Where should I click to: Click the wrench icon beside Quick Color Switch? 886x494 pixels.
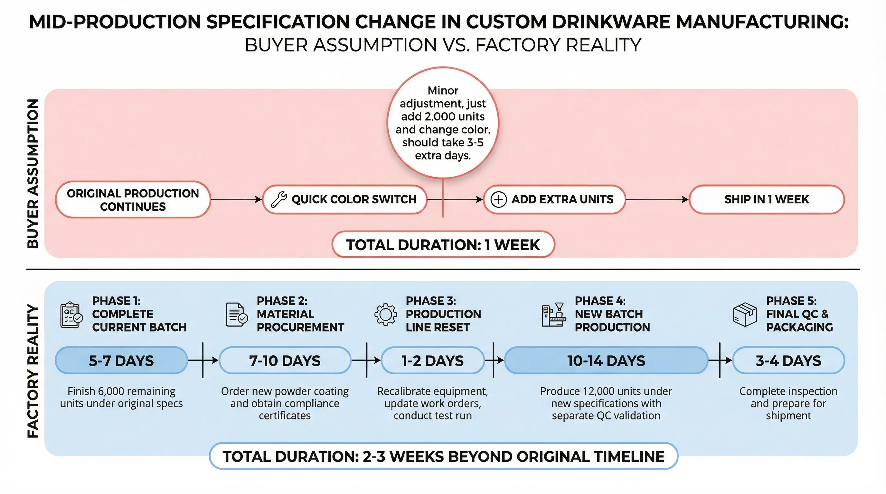278,200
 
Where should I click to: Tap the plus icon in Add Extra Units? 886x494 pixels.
498,200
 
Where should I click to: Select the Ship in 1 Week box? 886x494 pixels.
767,200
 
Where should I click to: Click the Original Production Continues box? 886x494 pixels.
133,200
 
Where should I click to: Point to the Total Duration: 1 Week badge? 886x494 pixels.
443,245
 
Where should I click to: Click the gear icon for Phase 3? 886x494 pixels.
386,314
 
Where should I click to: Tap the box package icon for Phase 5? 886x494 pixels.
745,314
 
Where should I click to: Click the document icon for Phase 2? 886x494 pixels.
237,314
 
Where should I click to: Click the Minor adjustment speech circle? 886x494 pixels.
443,123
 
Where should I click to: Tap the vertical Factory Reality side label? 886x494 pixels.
33,371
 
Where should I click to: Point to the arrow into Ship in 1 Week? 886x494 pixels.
657,200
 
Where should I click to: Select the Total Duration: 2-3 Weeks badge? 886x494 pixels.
443,457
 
